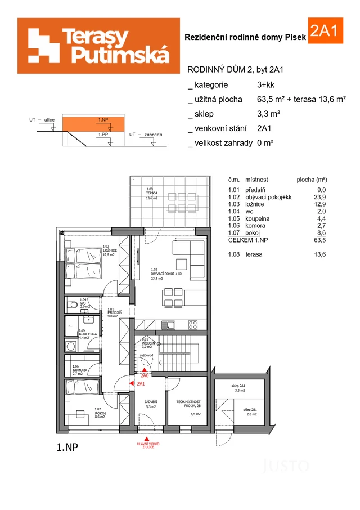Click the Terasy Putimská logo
98,46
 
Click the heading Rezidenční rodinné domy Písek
245,37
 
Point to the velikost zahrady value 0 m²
265,143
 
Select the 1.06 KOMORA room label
78,370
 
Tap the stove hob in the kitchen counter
192,324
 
